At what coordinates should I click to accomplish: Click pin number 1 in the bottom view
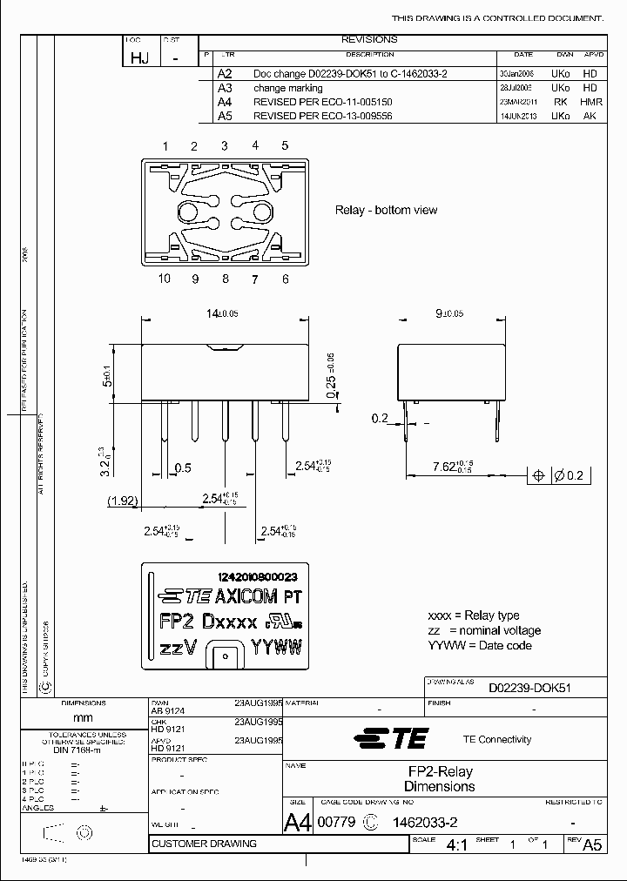[165, 145]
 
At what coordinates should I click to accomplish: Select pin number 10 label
[165, 279]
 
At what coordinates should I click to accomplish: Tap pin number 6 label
[285, 279]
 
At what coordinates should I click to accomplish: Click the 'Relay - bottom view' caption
[386, 211]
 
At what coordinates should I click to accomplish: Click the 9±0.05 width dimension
[448, 313]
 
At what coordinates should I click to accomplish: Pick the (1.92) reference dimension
[123, 501]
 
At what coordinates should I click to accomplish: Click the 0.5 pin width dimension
[184, 467]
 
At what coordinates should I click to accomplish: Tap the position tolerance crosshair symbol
[538, 475]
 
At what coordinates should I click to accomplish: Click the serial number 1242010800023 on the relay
[258, 577]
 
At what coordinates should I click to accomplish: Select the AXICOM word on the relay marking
[246, 597]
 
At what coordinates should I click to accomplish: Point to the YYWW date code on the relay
[276, 648]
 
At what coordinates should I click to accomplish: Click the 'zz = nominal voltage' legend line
[483, 630]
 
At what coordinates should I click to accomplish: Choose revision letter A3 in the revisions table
[225, 88]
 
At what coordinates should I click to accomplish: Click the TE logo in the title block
[391, 739]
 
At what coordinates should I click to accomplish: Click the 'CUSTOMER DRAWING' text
[204, 844]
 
